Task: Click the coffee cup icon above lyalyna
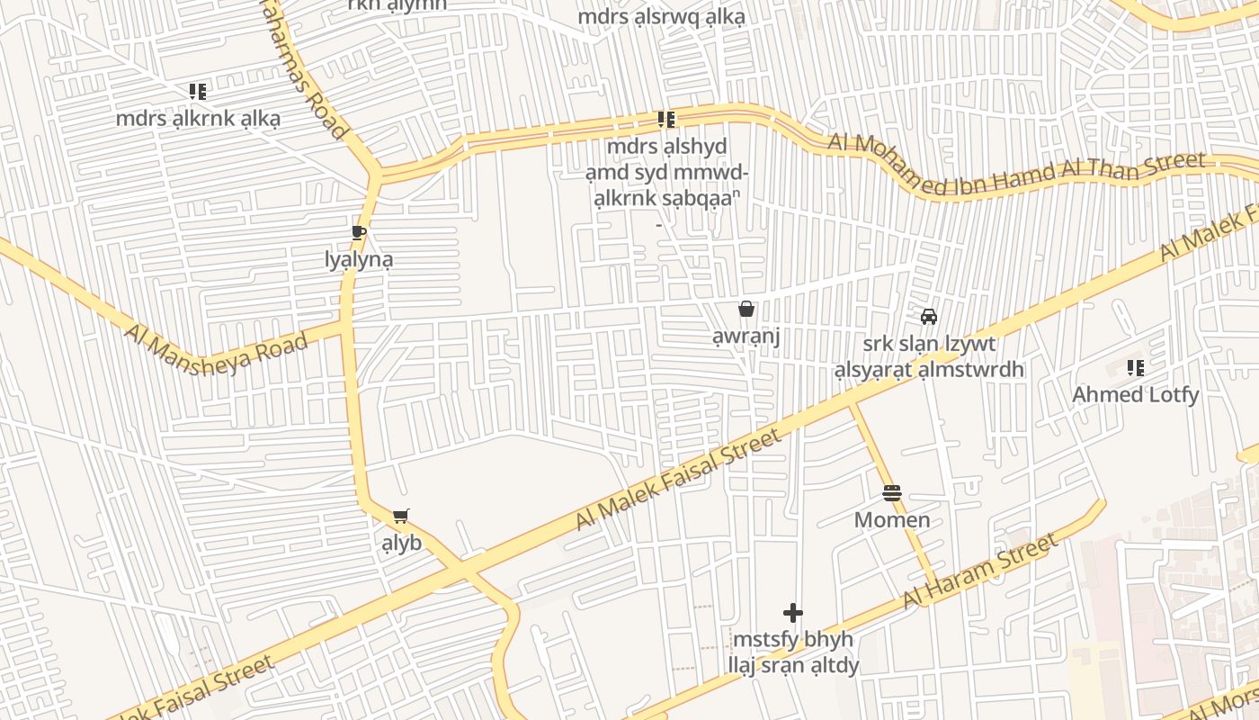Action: [359, 233]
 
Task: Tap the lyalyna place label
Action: [359, 260]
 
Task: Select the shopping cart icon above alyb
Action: [401, 517]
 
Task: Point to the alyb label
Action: [402, 544]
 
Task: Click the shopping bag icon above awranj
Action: [746, 310]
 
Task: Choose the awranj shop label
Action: [746, 337]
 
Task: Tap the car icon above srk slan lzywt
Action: [929, 317]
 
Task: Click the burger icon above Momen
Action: [891, 493]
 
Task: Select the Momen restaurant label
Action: [891, 520]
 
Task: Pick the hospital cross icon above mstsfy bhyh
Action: [792, 613]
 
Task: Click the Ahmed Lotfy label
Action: [1135, 394]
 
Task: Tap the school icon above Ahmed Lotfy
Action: [1135, 368]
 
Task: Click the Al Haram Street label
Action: [980, 571]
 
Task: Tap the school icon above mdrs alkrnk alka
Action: [198, 91]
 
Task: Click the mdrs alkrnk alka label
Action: [198, 118]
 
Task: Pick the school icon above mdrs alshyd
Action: [665, 119]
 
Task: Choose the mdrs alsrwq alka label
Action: [661, 17]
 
